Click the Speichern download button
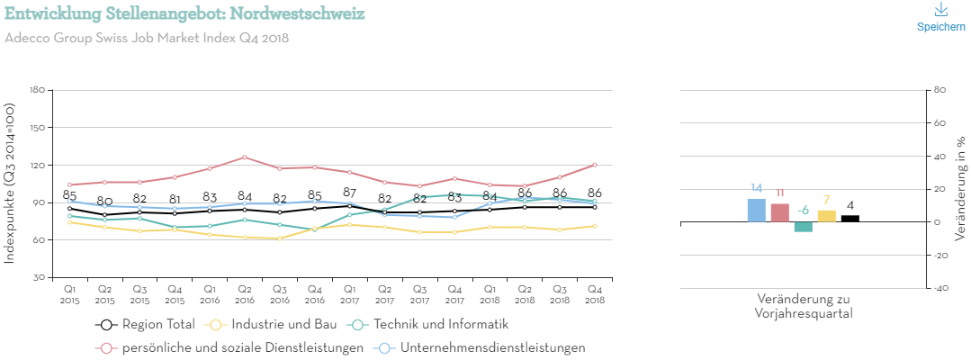[x=940, y=17]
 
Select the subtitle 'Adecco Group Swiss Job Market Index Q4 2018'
[x=147, y=39]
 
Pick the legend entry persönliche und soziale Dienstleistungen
[x=229, y=347]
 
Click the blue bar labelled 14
[x=757, y=211]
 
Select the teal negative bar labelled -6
[x=804, y=227]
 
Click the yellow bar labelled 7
[x=827, y=216]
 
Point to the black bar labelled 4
[x=850, y=219]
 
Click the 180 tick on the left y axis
[x=37, y=90]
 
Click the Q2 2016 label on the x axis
[x=244, y=292]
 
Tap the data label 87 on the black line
[x=349, y=193]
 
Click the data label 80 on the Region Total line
[x=104, y=201]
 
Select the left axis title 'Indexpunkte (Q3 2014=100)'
[x=10, y=183]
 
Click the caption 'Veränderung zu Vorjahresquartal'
[x=804, y=306]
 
